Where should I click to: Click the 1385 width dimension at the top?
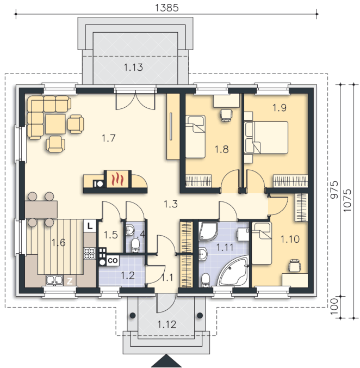[x=166, y=8]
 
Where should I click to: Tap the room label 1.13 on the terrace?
[x=133, y=68]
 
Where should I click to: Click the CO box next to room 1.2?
[x=113, y=260]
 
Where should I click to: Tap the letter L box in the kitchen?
[x=90, y=226]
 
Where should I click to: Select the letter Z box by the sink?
[x=70, y=281]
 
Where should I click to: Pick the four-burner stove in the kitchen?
[x=90, y=254]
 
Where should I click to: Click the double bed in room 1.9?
[x=266, y=138]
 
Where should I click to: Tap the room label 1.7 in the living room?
[x=109, y=138]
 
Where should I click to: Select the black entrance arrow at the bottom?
[x=166, y=361]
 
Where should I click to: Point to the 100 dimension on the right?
[x=334, y=306]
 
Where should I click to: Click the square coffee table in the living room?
[x=55, y=124]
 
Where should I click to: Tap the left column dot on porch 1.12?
[x=133, y=315]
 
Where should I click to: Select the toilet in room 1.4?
[x=135, y=246]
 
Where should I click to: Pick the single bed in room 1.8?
[x=195, y=136]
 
